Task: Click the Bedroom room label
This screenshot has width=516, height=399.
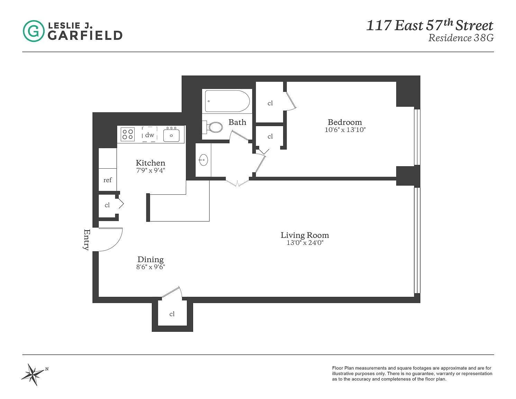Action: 345,122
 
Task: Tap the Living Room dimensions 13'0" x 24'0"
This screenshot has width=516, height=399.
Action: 305,243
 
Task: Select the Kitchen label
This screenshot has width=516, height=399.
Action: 150,163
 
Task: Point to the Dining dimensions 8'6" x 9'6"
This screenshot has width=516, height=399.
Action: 151,267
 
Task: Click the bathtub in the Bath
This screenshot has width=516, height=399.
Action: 227,101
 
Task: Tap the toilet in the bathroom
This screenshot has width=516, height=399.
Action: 212,127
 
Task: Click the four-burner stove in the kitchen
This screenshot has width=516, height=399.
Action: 127,134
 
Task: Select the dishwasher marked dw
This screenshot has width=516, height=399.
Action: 150,134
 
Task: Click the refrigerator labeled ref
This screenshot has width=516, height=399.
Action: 108,180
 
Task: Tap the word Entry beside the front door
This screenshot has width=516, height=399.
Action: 87,240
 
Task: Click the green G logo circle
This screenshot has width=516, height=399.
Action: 34,31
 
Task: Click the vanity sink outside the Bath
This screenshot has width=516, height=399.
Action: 203,160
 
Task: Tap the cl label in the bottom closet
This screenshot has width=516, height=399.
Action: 172,314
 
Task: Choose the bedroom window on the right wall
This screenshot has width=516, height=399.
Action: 417,137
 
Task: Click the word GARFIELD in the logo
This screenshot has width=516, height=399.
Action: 85,36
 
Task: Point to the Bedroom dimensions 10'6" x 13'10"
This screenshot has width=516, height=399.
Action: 345,130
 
